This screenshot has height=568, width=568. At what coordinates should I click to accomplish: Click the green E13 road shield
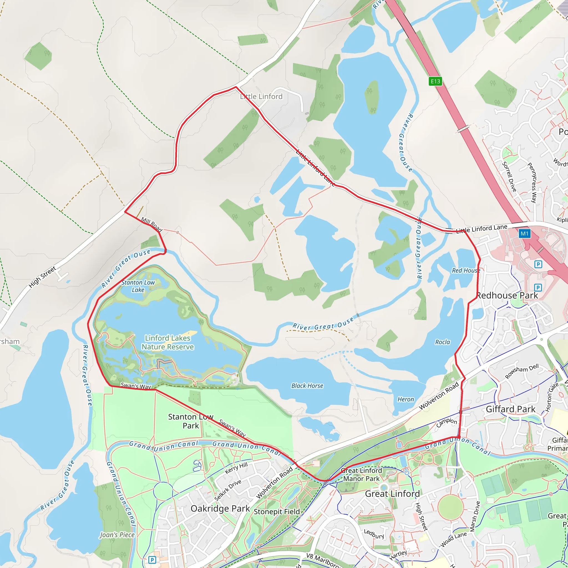(x=435, y=81)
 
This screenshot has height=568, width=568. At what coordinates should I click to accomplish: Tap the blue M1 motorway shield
(x=524, y=234)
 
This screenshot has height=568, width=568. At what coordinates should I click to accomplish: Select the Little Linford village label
(x=261, y=97)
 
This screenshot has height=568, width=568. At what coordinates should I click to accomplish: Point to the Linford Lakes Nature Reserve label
(x=168, y=343)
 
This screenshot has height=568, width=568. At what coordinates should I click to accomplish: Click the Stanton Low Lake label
(x=138, y=286)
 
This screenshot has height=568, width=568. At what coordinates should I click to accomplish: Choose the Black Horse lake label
(x=307, y=386)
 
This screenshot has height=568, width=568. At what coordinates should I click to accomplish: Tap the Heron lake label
(x=406, y=399)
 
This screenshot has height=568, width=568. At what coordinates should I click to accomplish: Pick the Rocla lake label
(x=442, y=342)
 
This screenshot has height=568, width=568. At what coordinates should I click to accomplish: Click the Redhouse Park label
(x=507, y=295)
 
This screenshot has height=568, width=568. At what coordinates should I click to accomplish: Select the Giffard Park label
(x=510, y=409)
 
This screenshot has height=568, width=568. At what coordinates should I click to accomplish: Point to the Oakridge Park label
(x=220, y=508)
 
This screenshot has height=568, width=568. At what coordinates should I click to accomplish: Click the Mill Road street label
(x=152, y=224)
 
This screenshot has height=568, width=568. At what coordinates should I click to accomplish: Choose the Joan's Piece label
(x=117, y=535)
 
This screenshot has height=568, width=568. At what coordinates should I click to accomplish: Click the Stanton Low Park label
(x=191, y=421)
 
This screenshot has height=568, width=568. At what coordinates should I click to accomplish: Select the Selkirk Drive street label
(x=228, y=490)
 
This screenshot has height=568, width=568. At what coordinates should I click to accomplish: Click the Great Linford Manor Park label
(x=361, y=475)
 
